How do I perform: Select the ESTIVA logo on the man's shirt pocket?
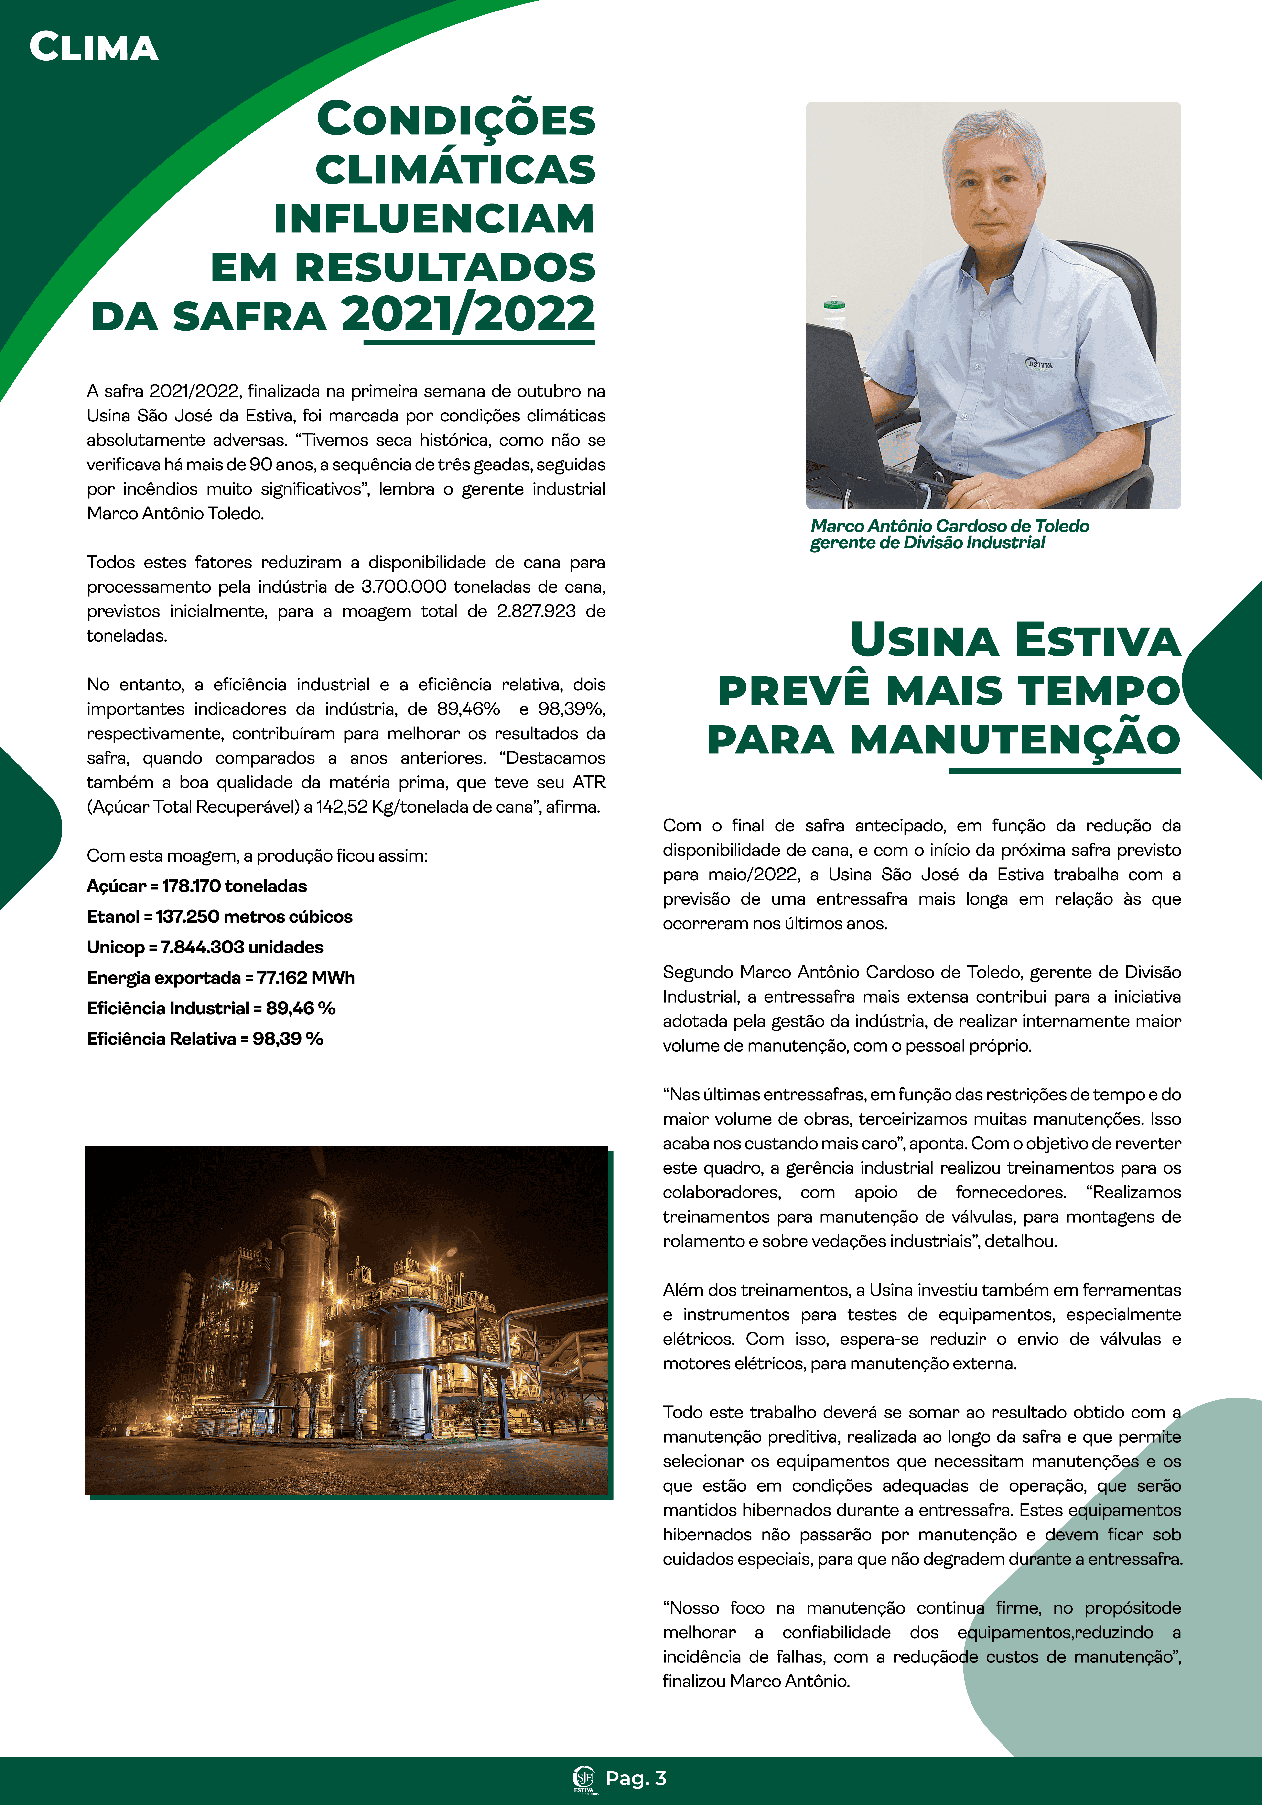click(x=1040, y=364)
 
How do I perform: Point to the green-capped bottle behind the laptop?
click(x=834, y=312)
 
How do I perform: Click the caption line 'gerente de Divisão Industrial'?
click(x=927, y=543)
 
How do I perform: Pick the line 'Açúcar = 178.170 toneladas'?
click(x=196, y=886)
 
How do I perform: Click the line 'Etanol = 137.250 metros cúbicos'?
click(x=219, y=917)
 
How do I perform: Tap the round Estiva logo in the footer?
click(x=584, y=1778)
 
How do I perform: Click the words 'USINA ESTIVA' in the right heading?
click(x=1015, y=641)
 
